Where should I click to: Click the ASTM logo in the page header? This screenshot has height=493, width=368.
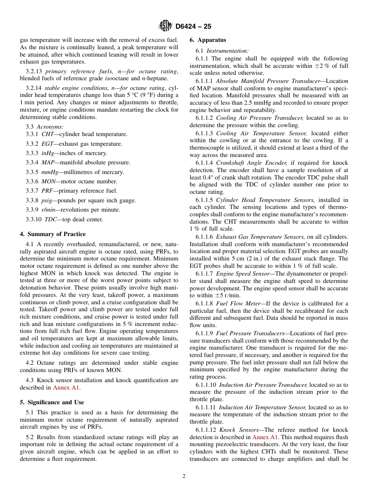pos(165,26)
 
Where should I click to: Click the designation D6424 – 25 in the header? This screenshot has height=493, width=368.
pos(193,26)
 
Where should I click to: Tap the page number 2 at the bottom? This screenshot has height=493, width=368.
pos(184,476)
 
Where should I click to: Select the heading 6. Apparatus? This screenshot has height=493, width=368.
pos(208,40)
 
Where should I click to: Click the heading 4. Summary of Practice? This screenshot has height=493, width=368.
pos(53,234)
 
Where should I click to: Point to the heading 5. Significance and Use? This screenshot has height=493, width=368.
pos(52,402)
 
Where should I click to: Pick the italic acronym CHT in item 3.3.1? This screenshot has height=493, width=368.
pos(48,134)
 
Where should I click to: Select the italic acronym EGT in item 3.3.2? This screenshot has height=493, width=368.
pos(48,144)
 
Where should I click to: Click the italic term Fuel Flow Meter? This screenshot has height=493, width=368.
pos(238,303)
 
